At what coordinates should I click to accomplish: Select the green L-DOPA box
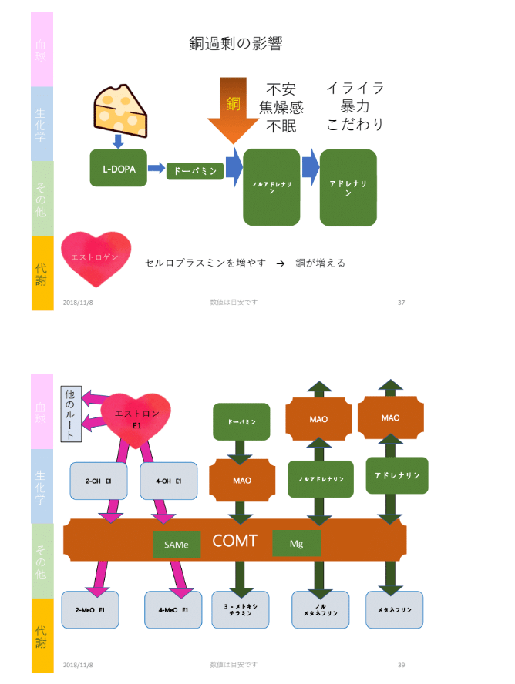pyautogui.click(x=118, y=168)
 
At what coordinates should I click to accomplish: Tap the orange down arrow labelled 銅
pyautogui.click(x=234, y=109)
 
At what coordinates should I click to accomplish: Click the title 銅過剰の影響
pyautogui.click(x=236, y=43)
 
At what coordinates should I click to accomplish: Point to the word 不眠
pyautogui.click(x=281, y=126)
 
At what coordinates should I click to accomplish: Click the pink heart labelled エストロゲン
pyautogui.click(x=96, y=256)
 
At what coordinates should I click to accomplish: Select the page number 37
pyautogui.click(x=401, y=302)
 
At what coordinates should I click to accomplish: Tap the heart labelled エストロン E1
pyautogui.click(x=136, y=420)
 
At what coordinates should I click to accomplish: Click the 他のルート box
pyautogui.click(x=71, y=414)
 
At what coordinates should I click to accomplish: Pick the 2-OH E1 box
pyautogui.click(x=99, y=481)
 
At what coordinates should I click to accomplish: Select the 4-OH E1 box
pyautogui.click(x=168, y=481)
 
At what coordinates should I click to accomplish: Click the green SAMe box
pyautogui.click(x=177, y=544)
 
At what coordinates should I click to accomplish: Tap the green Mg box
pyautogui.click(x=296, y=543)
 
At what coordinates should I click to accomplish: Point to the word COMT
pyautogui.click(x=234, y=541)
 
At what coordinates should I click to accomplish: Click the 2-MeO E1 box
pyautogui.click(x=90, y=610)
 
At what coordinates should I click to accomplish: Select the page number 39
pyautogui.click(x=401, y=664)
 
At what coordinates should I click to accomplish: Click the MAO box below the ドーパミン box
pyautogui.click(x=241, y=481)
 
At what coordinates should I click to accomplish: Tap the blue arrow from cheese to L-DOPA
pyautogui.click(x=118, y=141)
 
